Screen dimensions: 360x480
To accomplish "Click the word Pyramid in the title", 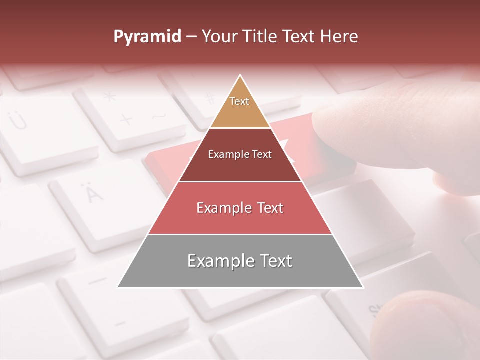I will [147, 37].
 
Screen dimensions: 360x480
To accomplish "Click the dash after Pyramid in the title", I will [191, 37].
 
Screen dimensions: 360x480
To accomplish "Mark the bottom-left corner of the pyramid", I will [118, 287].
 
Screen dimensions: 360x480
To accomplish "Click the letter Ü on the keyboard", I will [18, 120].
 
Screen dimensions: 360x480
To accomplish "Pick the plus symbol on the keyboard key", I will [126, 119].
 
